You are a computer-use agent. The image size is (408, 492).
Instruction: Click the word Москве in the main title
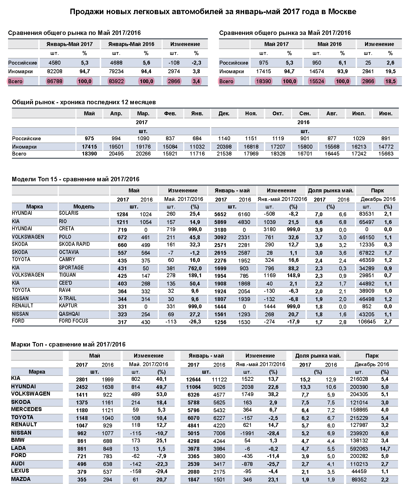pyautogui.click(x=342, y=12)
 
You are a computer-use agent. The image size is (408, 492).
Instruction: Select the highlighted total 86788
pyautogui.click(x=55, y=81)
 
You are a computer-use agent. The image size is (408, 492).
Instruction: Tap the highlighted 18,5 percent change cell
pyautogui.click(x=390, y=81)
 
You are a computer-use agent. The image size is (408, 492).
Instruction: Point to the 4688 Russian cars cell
pyautogui.click(x=116, y=63)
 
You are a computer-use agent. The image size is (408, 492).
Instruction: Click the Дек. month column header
pyautogui.click(x=224, y=113)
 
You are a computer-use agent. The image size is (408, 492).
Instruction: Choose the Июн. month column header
pyautogui.click(x=386, y=113)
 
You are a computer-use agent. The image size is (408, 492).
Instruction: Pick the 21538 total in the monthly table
pyautogui.click(x=224, y=154)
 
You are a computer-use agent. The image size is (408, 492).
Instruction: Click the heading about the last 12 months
pyautogui.click(x=84, y=102)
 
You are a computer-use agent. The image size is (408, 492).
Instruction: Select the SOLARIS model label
pyautogui.click(x=69, y=213)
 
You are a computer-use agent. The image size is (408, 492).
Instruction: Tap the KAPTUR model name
pyautogui.click(x=68, y=306)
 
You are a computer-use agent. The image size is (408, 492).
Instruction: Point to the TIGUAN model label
pyautogui.click(x=67, y=275)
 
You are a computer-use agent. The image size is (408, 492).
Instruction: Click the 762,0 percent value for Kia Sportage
pyautogui.click(x=195, y=268)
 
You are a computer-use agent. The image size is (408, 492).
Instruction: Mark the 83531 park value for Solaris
pyautogui.click(x=367, y=214)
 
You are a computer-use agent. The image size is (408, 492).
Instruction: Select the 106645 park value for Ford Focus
pyautogui.click(x=367, y=322)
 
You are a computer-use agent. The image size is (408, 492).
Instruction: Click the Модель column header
pyautogui.click(x=84, y=207)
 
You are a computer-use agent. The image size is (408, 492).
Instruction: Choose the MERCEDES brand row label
pyautogui.click(x=26, y=409)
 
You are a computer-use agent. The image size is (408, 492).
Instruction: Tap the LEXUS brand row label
pyautogui.click(x=20, y=471)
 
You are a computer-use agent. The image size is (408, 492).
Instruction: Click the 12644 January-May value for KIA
pyautogui.click(x=193, y=379)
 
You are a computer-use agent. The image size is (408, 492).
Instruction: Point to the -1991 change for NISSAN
pyautogui.click(x=247, y=433)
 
